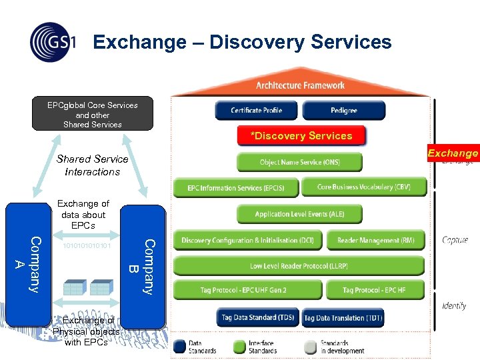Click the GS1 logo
pos(52,42)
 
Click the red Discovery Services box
pos(301,136)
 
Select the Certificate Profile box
pos(257,110)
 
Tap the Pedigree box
pos(344,110)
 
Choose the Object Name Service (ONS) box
pos(299,163)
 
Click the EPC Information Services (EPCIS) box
pos(236,187)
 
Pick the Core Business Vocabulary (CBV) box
pos(363,187)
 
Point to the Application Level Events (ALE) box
pos(299,214)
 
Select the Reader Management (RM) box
pos(376,240)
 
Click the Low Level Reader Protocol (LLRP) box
pos(299,266)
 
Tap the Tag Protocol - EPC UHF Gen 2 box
pos(243,291)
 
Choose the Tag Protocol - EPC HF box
pos(374,291)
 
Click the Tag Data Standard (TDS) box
pos(257,318)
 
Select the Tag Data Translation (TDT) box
pos(343,318)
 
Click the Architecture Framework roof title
pos(301,85)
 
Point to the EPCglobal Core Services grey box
pos(93,114)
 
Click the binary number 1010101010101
pos(86,246)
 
